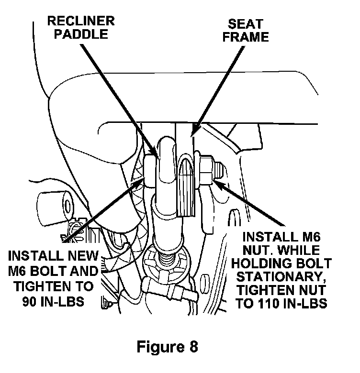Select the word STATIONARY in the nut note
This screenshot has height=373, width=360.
click(282, 277)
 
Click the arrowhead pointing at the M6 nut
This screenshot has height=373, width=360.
click(216, 180)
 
